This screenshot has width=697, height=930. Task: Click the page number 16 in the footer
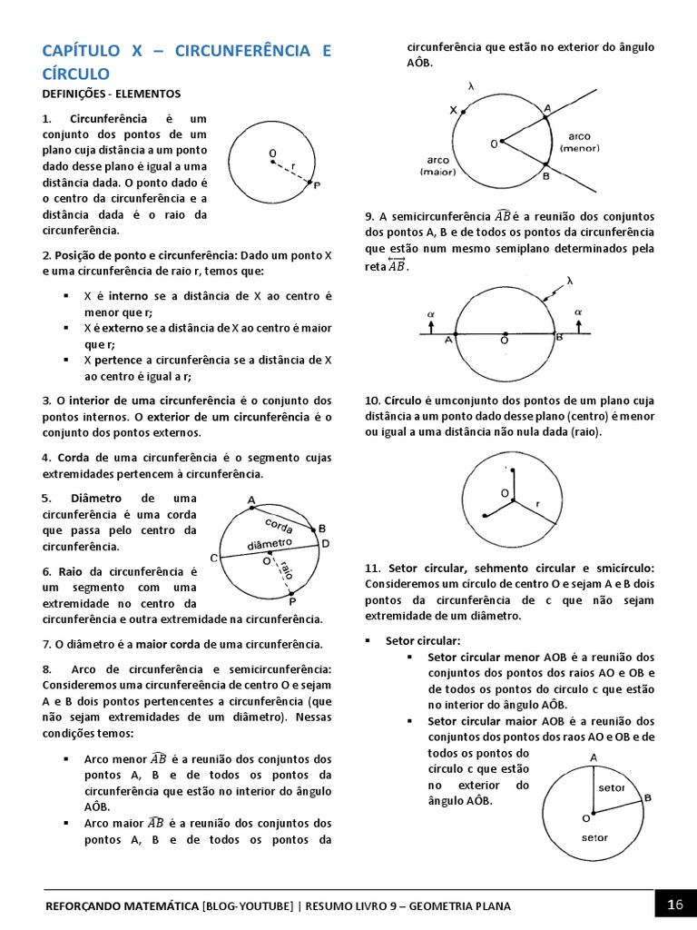tap(674, 905)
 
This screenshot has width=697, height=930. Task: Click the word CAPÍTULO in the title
tap(80, 51)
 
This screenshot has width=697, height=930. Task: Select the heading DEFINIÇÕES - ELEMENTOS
tap(112, 94)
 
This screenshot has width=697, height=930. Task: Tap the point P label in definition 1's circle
tap(316, 185)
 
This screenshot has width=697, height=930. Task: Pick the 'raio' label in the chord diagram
tap(288, 570)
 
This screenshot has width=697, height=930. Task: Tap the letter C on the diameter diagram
tap(214, 558)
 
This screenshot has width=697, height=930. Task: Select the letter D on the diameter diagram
tap(326, 543)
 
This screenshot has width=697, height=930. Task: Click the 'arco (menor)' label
tap(579, 142)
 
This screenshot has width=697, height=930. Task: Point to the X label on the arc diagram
tap(453, 110)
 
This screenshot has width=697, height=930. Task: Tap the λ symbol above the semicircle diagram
tap(570, 281)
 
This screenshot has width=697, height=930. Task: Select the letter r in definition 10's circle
tap(538, 502)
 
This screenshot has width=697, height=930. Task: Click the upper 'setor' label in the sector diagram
tap(611, 787)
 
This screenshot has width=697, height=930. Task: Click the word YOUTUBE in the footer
tap(263, 905)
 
